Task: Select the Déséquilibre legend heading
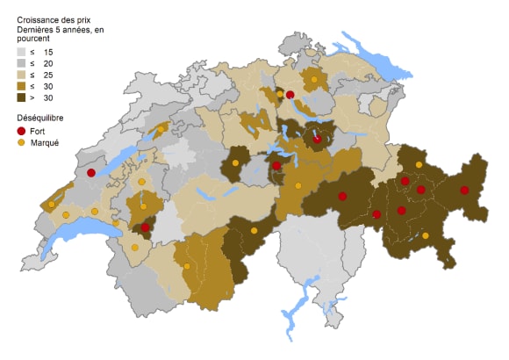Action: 41,117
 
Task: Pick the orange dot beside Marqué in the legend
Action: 22,142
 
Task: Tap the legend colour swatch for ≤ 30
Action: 22,87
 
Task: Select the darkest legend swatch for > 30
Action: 22,98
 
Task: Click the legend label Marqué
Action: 45,142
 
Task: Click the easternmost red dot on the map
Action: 465,190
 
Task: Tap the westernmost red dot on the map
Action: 90,174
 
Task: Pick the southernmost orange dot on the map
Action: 187,266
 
